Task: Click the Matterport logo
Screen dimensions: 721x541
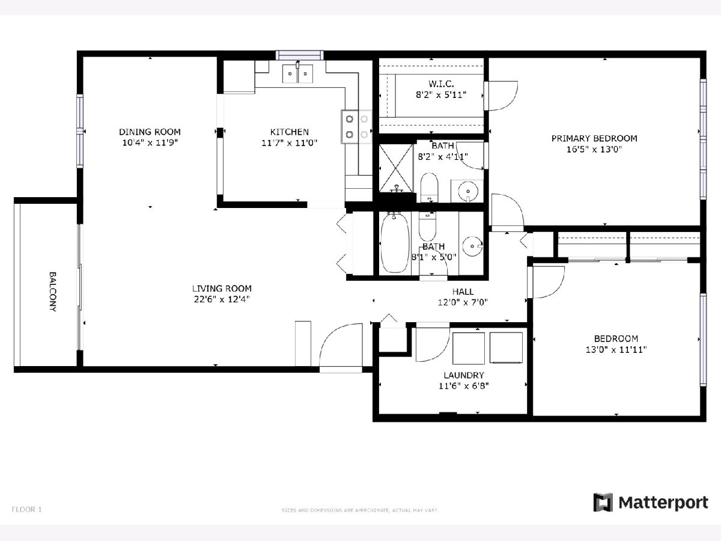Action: pos(650,503)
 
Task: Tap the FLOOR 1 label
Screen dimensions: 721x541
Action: pos(27,510)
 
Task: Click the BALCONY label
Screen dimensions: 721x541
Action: pos(52,292)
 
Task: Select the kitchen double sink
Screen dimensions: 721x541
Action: pos(297,74)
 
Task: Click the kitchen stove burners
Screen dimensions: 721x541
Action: pos(356,126)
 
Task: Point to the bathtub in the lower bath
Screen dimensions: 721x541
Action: pos(395,243)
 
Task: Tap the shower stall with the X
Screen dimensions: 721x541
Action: pos(396,168)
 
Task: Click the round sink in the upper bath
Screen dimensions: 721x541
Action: pos(467,191)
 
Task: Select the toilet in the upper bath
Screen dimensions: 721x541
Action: pos(430,188)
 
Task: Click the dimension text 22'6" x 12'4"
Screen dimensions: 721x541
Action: pos(222,299)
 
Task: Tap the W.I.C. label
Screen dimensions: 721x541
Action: pos(441,84)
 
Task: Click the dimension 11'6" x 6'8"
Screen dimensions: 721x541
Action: pos(463,386)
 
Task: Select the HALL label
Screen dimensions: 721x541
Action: pos(463,292)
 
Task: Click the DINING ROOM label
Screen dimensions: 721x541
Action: pos(150,132)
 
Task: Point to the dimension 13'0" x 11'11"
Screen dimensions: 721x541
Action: pos(616,349)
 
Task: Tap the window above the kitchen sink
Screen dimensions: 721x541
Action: pos(300,55)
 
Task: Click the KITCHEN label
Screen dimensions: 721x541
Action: pos(290,132)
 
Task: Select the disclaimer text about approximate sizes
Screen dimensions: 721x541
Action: pos(360,510)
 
